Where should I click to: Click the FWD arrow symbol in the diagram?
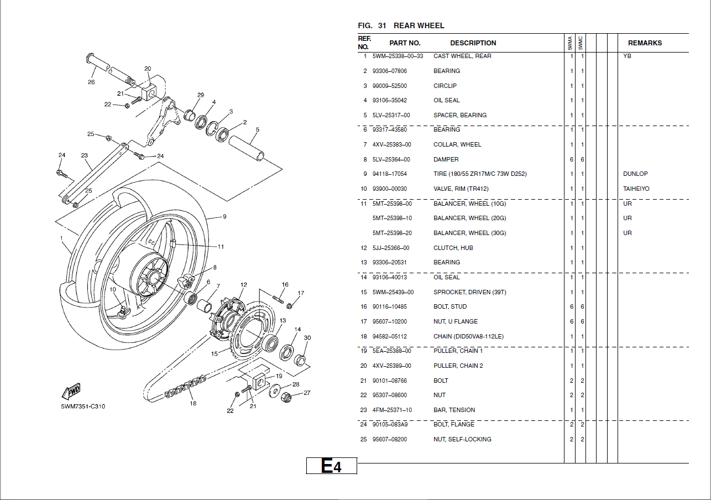pyautogui.click(x=72, y=391)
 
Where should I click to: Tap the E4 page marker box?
pyautogui.click(x=332, y=466)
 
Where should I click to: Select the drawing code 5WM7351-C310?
pyautogui.click(x=83, y=407)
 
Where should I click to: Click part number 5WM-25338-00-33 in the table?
pyautogui.click(x=398, y=56)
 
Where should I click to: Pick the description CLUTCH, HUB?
pyautogui.click(x=453, y=248)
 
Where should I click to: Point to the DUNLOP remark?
pyautogui.click(x=635, y=174)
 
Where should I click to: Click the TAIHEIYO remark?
pyautogui.click(x=636, y=189)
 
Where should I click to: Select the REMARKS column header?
pyautogui.click(x=644, y=43)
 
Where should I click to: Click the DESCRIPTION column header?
pyautogui.click(x=473, y=43)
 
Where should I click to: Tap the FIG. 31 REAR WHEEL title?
pyautogui.click(x=401, y=25)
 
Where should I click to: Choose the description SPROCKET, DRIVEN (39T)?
pyautogui.click(x=469, y=292)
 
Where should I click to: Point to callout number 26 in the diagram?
pyautogui.click(x=91, y=82)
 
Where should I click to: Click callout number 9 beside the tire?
pyautogui.click(x=224, y=217)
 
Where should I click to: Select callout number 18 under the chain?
pyautogui.click(x=193, y=403)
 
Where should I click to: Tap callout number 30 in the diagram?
pyautogui.click(x=307, y=338)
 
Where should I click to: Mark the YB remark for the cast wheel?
pyautogui.click(x=627, y=56)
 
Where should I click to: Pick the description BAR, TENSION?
pyautogui.click(x=454, y=410)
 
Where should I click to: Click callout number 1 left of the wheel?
pyautogui.click(x=61, y=238)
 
